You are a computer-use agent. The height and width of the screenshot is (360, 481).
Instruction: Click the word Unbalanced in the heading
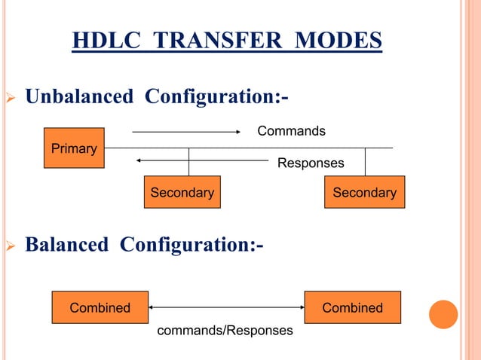coord(81,97)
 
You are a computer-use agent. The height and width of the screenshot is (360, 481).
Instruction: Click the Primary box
coord(74,148)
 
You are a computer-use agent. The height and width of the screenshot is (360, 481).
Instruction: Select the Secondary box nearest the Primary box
coord(182,193)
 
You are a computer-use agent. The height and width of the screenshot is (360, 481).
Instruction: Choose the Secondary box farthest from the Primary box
coord(364,193)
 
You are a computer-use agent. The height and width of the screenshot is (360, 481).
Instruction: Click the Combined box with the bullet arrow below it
coord(100,307)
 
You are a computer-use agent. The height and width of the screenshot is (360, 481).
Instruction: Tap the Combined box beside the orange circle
coord(352,307)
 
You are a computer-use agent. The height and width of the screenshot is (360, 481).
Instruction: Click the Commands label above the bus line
coord(292,132)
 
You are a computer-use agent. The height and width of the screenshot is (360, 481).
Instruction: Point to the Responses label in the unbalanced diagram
coord(311,163)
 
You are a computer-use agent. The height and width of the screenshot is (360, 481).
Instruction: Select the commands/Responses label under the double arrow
coord(224,330)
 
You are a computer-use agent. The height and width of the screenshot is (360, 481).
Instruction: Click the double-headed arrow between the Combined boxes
coord(226,307)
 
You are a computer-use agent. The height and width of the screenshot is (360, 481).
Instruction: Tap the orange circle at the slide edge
coord(443,314)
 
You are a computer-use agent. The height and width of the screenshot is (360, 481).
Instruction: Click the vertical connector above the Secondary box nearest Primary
coord(188,162)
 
